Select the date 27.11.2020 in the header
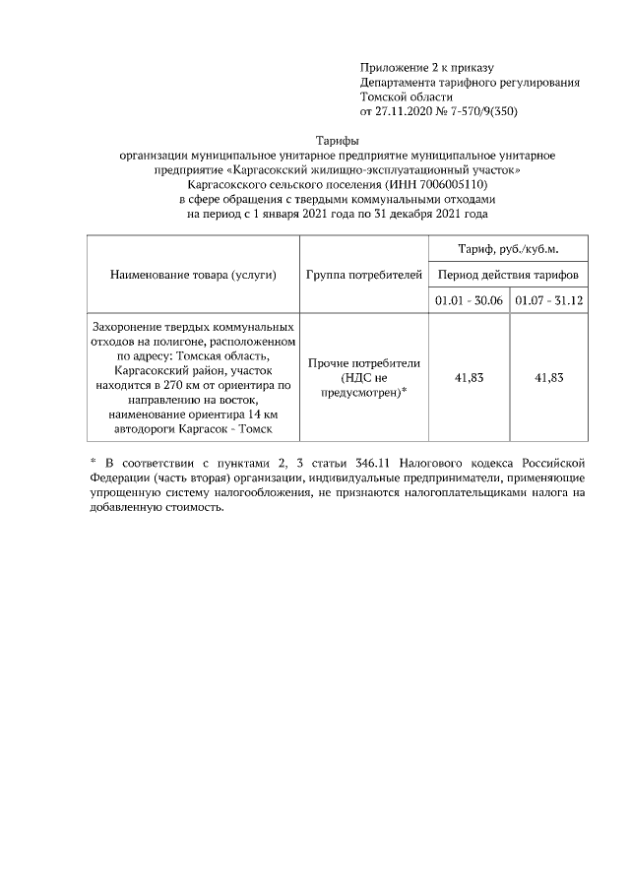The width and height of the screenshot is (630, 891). tap(406, 111)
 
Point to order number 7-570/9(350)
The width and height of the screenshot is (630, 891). tap(481, 111)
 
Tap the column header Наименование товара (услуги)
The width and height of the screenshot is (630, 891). tap(193, 275)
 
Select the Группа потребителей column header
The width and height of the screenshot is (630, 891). tap(364, 275)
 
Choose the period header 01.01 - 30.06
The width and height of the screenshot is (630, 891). tap(468, 300)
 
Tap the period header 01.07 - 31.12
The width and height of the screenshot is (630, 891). tap(548, 300)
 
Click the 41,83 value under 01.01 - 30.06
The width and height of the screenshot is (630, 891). tap(468, 377)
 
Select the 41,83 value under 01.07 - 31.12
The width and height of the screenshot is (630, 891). tap(548, 377)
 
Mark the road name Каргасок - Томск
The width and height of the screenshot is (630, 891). tap(232, 428)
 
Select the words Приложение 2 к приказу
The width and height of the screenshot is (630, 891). tap(419, 67)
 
